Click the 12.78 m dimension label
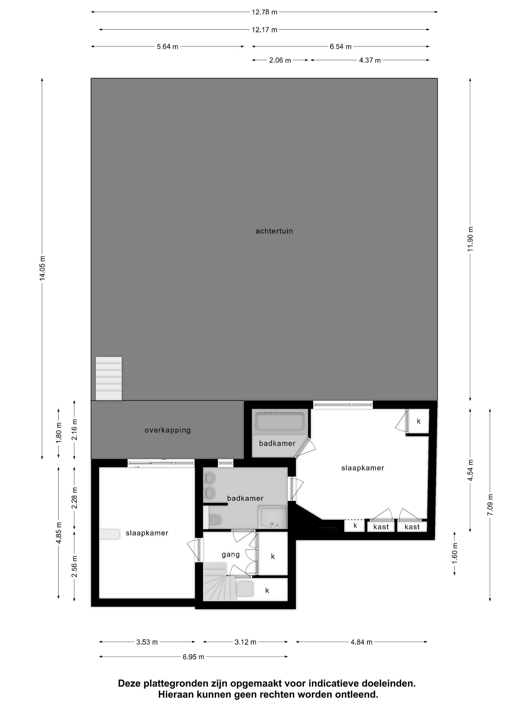264,12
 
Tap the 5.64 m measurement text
167,47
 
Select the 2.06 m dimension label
280,60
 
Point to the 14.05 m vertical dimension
42,268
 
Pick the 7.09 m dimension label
490,505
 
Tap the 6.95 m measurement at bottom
193,657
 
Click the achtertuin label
274,231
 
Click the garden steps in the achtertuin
109,379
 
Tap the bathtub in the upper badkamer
280,422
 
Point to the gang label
231,554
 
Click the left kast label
381,527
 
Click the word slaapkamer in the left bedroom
147,533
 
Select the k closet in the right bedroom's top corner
419,421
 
